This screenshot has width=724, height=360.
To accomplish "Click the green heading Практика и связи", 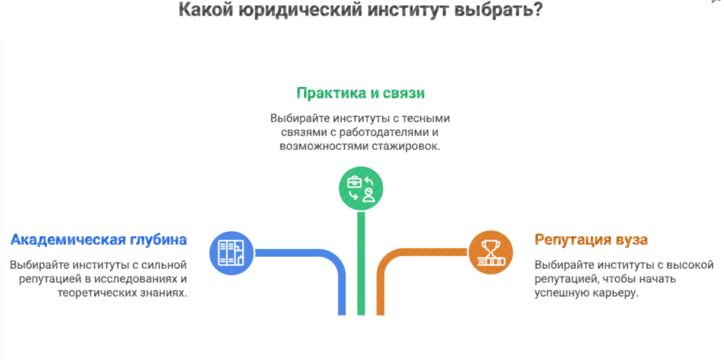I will [x=361, y=93].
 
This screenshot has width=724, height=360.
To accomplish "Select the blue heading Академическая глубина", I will [x=99, y=240].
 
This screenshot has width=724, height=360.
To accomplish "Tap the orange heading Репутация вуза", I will [x=591, y=240].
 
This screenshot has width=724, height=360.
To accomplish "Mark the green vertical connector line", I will [x=361, y=262].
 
